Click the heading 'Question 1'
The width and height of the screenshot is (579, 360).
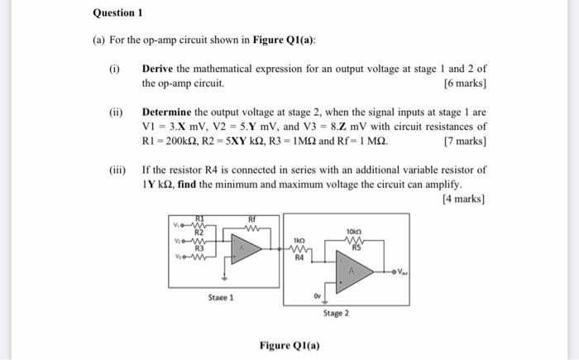point(118,13)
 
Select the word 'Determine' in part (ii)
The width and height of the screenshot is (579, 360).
point(170,113)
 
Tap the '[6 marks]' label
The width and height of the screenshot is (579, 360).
point(465,84)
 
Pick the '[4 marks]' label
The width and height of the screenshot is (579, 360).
point(465,199)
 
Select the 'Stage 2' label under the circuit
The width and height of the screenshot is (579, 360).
point(336,314)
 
